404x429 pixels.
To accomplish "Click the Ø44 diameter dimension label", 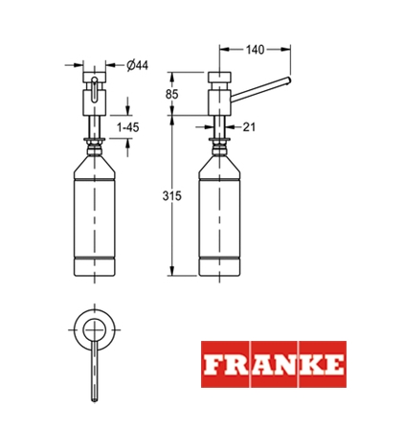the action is coord(138,65).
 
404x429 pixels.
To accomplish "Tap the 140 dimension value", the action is coord(255,50).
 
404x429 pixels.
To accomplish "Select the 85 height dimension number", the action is coord(171,94).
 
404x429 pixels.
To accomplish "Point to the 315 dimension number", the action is coord(171,195).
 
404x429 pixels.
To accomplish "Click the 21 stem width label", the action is coord(249,127).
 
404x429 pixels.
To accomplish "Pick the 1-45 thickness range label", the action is coord(128,127).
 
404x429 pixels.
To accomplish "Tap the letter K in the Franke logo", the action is coord(307,365).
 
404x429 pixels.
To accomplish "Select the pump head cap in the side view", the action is coord(219,77).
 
